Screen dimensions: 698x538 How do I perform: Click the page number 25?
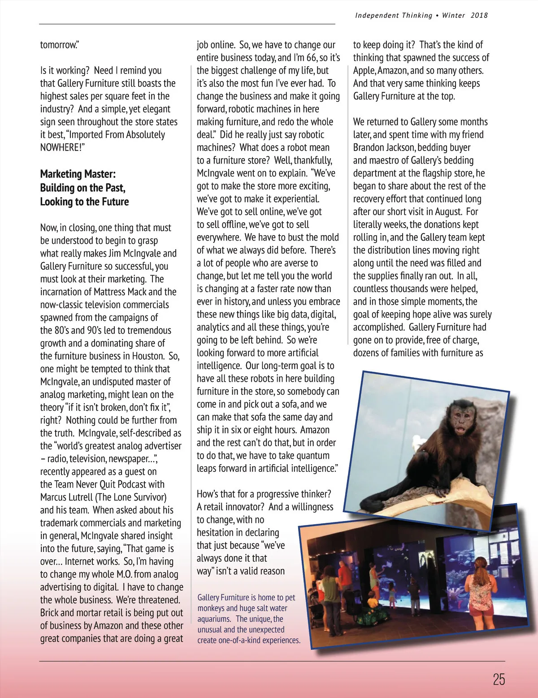coord(499,679)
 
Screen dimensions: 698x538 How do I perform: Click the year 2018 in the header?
coord(479,16)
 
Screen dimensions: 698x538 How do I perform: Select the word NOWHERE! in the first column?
coord(62,147)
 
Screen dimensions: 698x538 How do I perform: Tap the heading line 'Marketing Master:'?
coord(78,174)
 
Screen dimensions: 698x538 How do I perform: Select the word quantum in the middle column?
coord(313,456)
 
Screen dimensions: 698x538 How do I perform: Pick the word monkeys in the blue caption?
coord(211,608)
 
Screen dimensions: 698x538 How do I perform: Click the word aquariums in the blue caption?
coord(214,619)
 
